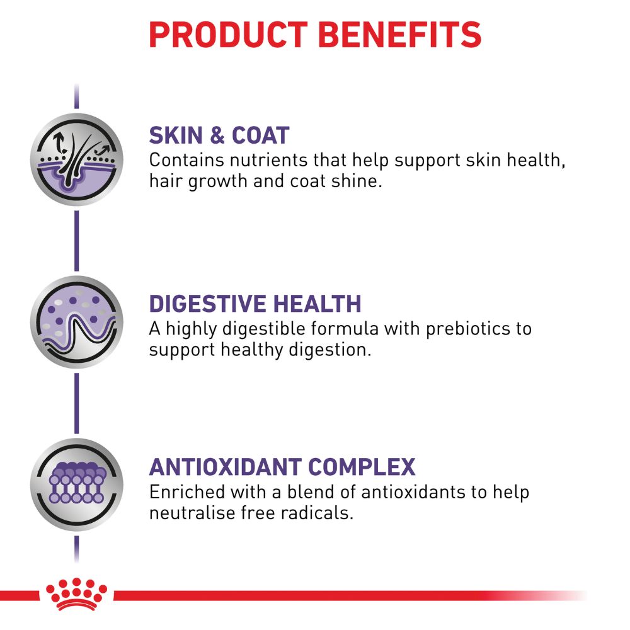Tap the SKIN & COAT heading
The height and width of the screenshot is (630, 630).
tap(219, 135)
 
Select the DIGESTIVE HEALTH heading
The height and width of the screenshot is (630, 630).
tap(255, 304)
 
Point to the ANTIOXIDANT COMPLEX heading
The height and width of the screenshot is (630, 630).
tap(282, 467)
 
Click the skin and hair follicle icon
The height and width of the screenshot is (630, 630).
tap(77, 159)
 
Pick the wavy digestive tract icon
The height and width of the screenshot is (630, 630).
tap(77, 322)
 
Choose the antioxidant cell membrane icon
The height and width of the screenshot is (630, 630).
tap(77, 485)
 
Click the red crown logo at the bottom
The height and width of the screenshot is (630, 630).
tap(76, 594)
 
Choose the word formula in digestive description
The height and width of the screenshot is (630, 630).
tap(345, 329)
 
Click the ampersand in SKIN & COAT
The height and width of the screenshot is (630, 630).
tap(217, 135)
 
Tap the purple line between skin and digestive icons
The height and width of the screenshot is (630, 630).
tap(77, 241)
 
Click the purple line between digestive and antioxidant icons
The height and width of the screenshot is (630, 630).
tap(77, 404)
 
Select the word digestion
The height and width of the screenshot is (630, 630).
tap(330, 350)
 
